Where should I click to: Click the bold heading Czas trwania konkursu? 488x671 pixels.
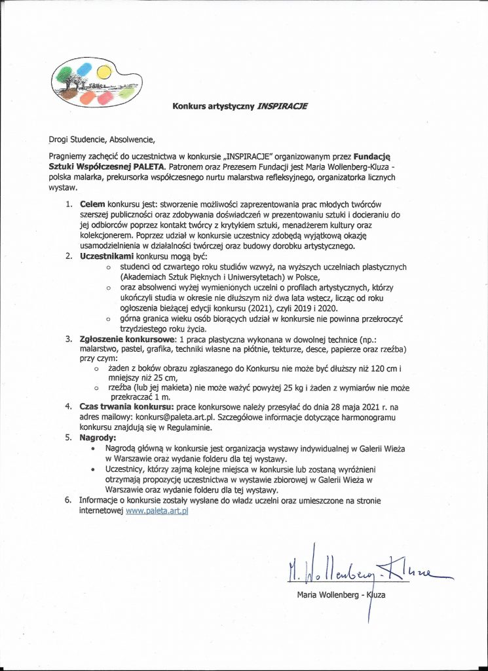click(x=130, y=407)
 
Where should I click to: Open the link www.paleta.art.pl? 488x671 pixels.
click(x=157, y=510)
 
